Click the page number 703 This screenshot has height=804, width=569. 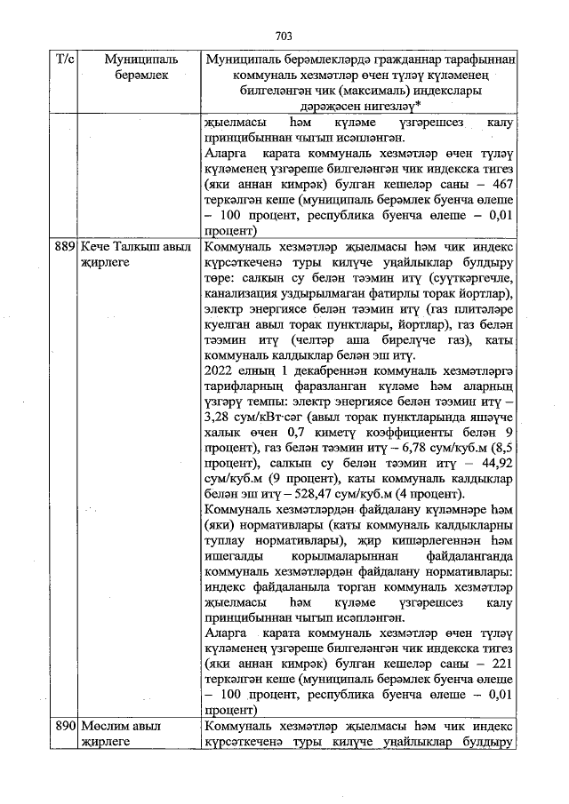click(284, 36)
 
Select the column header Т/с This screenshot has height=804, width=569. click(64, 59)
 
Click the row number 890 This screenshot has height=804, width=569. click(64, 726)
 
